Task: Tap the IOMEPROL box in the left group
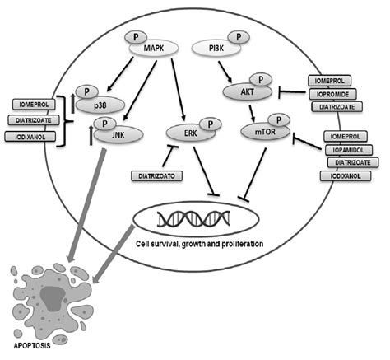[36, 104]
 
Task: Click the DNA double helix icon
[195, 217]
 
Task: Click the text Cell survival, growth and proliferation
[194, 245]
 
